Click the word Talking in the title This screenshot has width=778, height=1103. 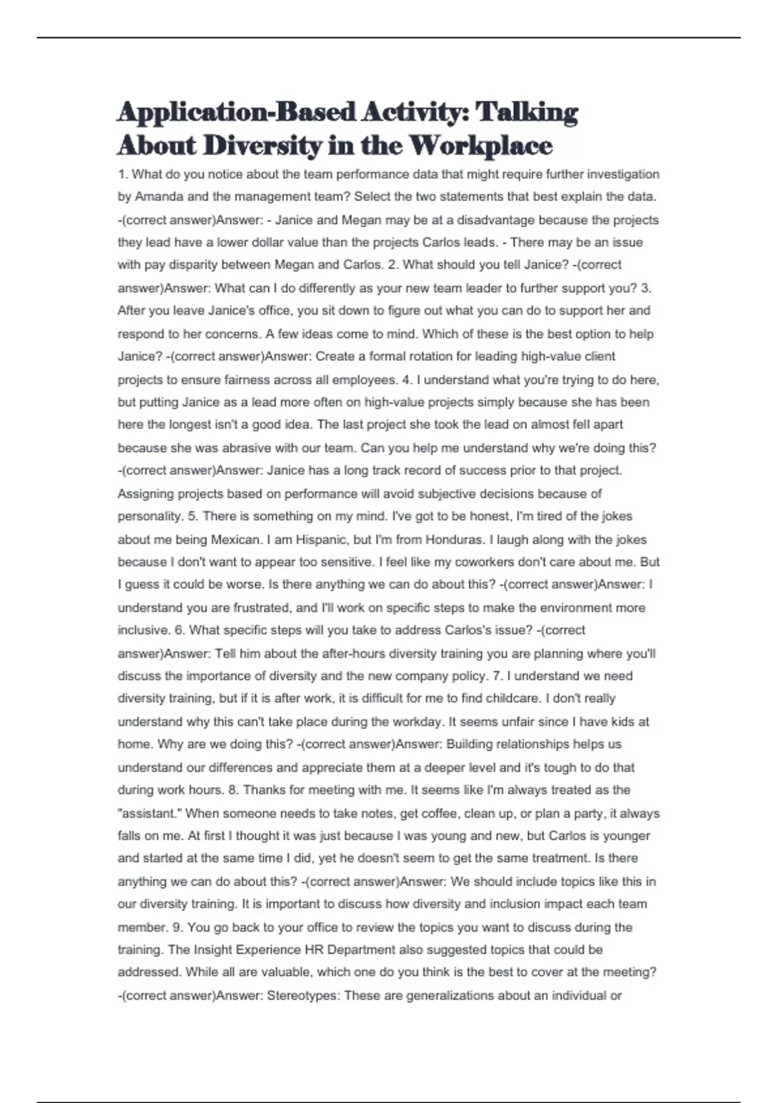pos(526,112)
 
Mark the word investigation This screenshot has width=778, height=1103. pos(621,174)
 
